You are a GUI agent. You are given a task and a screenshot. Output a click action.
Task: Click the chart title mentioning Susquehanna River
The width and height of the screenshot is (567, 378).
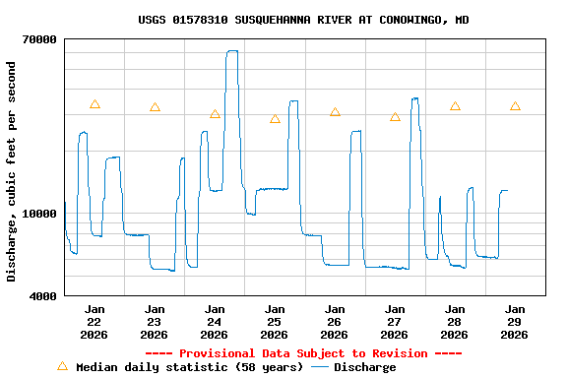[303, 20]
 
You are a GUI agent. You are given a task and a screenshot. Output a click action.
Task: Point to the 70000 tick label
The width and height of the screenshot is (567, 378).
[39, 39]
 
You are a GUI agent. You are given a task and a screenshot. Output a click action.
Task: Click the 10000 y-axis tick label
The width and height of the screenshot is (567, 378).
[39, 214]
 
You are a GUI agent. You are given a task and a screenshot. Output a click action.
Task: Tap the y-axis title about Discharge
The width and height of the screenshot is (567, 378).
[12, 171]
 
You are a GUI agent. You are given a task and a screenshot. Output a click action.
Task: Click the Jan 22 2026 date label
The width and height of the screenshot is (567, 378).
[94, 322]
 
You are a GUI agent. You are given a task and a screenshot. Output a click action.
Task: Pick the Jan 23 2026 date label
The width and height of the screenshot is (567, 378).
[155, 322]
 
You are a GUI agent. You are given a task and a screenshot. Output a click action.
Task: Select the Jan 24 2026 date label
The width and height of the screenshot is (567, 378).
[215, 322]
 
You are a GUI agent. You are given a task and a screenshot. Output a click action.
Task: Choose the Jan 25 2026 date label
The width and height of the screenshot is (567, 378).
[275, 322]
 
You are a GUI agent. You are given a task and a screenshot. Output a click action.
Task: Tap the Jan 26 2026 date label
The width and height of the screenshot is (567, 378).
[335, 322]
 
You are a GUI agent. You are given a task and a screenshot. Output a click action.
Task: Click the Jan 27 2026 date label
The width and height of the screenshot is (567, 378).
[395, 322]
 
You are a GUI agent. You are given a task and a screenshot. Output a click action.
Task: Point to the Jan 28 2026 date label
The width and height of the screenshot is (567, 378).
[455, 322]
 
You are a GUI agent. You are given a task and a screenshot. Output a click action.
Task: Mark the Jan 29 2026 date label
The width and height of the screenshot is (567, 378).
[515, 322]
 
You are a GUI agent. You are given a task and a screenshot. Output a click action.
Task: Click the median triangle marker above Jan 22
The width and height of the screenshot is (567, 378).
[94, 104]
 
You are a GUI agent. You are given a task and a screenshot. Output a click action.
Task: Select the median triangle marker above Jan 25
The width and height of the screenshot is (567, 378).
[275, 119]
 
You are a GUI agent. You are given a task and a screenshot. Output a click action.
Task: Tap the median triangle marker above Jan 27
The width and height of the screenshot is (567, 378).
[395, 117]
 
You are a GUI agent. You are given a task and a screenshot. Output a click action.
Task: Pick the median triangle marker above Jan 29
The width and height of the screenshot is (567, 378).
[515, 106]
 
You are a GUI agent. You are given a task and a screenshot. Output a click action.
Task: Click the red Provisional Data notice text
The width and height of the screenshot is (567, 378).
[303, 353]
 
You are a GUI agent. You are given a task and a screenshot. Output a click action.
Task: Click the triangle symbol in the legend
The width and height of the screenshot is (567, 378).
[63, 366]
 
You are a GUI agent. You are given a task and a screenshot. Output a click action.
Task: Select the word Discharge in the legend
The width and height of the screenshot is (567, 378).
[364, 367]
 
